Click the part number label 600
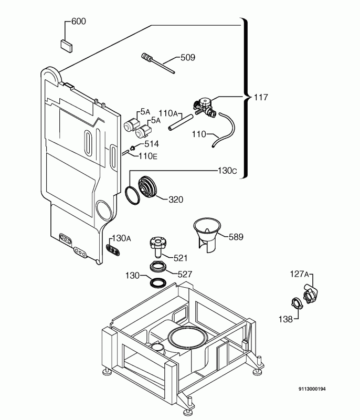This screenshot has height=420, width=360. pyautogui.click(x=79, y=21)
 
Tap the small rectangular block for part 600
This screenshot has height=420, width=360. pyautogui.click(x=67, y=46)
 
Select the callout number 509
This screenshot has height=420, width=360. pyautogui.click(x=188, y=57)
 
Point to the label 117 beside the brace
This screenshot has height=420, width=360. pyautogui.click(x=261, y=97)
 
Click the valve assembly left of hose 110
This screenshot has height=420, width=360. pyautogui.click(x=204, y=107)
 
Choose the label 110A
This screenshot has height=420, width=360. pyautogui.click(x=168, y=113)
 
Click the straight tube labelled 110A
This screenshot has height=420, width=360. pyautogui.click(x=181, y=122)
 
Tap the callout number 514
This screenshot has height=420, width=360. pyautogui.click(x=152, y=144)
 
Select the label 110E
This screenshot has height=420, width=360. pyautogui.click(x=148, y=156)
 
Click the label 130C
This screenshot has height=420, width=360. pyautogui.click(x=227, y=170)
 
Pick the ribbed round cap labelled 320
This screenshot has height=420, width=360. pyautogui.click(x=146, y=187)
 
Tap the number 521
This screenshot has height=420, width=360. pyautogui.click(x=181, y=258)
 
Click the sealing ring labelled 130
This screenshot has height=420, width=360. pyautogui.click(x=158, y=283)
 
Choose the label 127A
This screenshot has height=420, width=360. pyautogui.click(x=300, y=274)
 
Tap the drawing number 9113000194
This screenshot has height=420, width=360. pyautogui.click(x=312, y=389)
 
